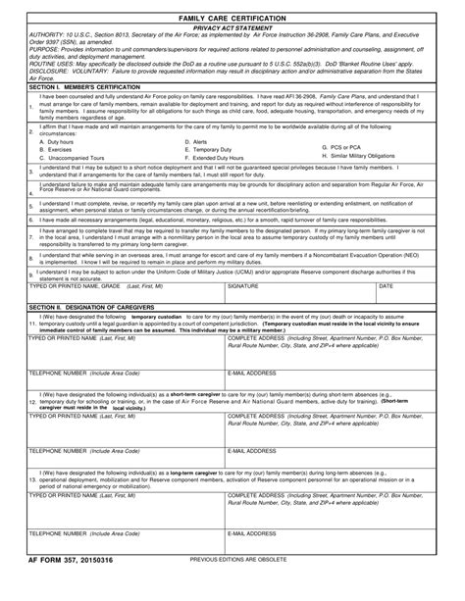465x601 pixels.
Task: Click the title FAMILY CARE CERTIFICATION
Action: tap(232, 19)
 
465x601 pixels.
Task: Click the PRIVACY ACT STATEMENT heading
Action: tap(232, 29)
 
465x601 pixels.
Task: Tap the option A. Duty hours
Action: tap(60, 141)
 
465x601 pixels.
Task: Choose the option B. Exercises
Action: tap(59, 149)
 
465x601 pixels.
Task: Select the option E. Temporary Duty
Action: tap(208, 149)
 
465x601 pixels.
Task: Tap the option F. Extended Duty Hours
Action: tap(216, 157)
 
